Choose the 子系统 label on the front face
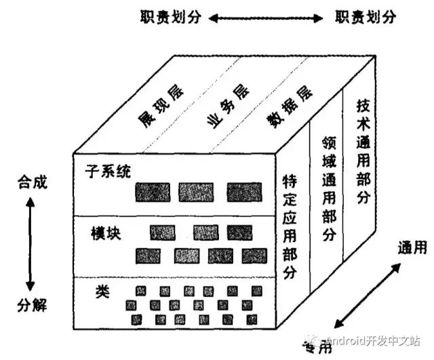pyautogui.click(x=107, y=171)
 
